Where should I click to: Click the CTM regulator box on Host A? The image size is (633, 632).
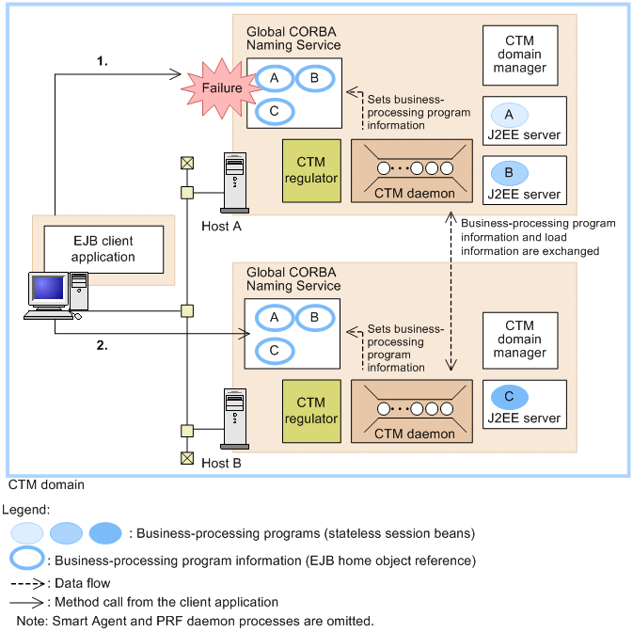(311, 170)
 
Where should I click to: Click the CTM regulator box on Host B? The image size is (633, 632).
(311, 411)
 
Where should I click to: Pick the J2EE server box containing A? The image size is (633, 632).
(525, 122)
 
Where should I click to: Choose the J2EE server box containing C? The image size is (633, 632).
(525, 405)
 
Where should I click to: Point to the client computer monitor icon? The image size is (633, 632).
(47, 294)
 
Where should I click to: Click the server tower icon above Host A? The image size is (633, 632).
(232, 181)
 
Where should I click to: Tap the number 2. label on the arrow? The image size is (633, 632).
(103, 345)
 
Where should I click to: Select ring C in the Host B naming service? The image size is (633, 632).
(274, 350)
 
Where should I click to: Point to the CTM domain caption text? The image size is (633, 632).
(46, 485)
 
